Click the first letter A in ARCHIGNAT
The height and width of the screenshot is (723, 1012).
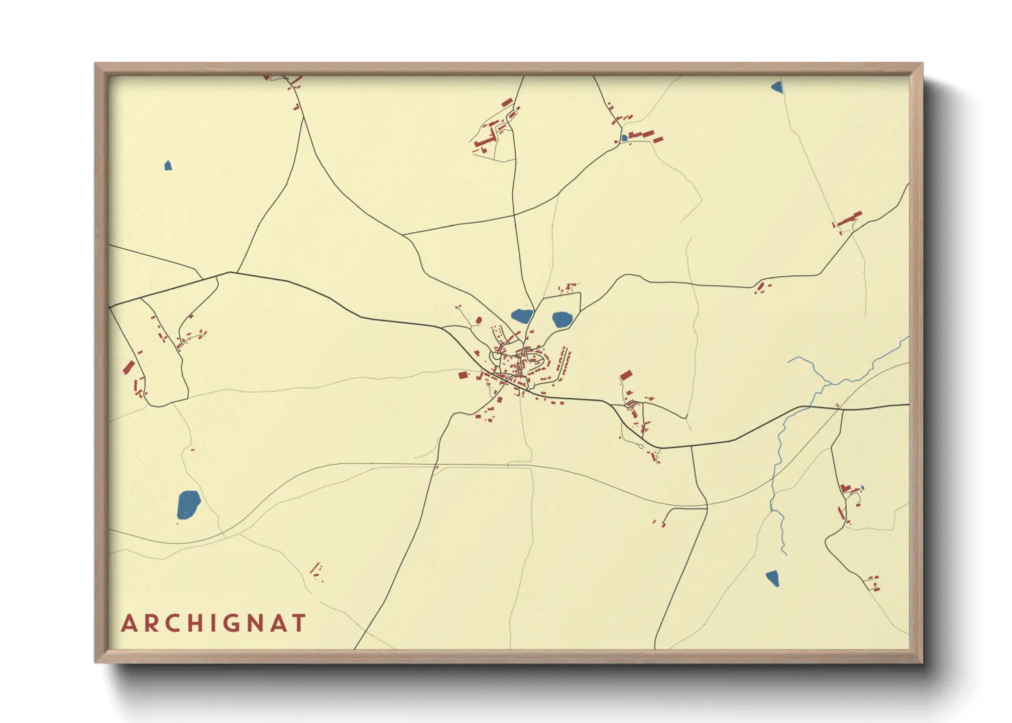(129, 623)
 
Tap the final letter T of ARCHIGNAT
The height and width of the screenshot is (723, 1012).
(298, 623)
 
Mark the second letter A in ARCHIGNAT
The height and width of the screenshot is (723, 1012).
(279, 623)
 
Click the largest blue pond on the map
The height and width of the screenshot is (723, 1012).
(188, 505)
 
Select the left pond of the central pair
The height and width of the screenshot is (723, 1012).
(522, 316)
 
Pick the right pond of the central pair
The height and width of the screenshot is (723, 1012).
(561, 319)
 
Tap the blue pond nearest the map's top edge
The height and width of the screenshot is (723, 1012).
(777, 87)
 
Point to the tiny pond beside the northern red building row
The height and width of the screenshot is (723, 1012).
(624, 138)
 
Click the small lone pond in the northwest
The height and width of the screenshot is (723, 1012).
(168, 165)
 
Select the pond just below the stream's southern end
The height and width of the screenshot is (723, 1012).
(773, 578)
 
